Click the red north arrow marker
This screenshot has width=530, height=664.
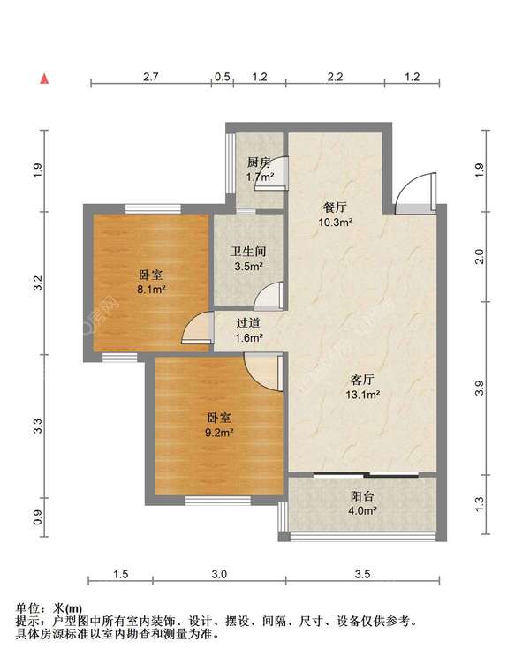tap(44, 79)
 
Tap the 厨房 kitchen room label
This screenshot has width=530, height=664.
tap(259, 162)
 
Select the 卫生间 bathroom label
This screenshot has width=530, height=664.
tap(248, 252)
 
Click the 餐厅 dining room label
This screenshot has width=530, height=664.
tap(335, 207)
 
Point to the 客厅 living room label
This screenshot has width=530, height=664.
tap(362, 380)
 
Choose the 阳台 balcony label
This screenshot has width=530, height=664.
tap(362, 496)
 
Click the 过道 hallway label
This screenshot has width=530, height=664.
tap(248, 323)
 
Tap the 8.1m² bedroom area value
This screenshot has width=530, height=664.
tap(151, 290)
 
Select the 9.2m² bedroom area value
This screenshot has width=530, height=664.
tap(219, 433)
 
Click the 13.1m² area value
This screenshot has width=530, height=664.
tap(362, 395)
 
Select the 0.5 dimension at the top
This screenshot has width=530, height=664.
tap(223, 77)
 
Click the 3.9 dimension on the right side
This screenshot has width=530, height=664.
tap(479, 389)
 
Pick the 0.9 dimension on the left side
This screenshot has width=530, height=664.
tap(39, 517)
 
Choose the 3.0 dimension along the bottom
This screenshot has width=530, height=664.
tap(219, 574)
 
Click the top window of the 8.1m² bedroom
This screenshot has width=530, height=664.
tap(153, 208)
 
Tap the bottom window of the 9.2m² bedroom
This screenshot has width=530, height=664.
tap(218, 501)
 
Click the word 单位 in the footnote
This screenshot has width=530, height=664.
tap(27, 608)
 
